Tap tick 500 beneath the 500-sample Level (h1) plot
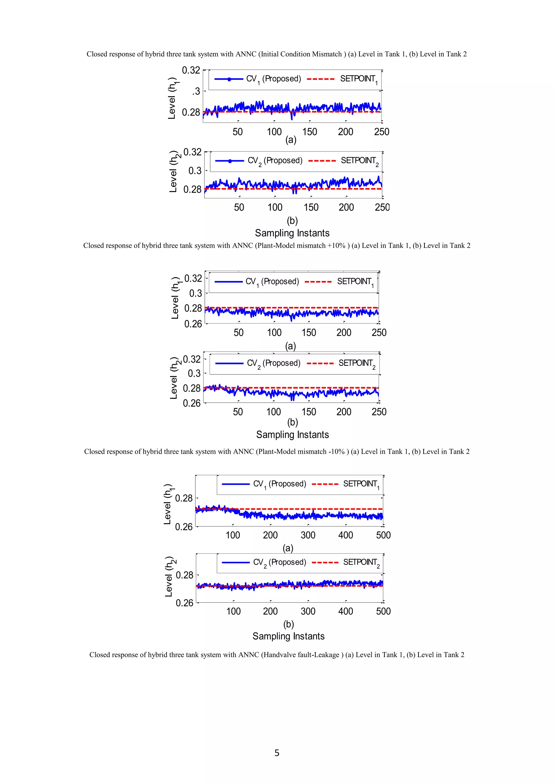[383, 535]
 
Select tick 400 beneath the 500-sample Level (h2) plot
[345, 611]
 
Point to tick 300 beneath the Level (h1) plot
[308, 535]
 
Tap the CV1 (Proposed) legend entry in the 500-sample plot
[264, 484]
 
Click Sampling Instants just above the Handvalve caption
[288, 636]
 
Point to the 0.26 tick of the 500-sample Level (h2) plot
[184, 603]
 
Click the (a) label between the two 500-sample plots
[288, 548]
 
